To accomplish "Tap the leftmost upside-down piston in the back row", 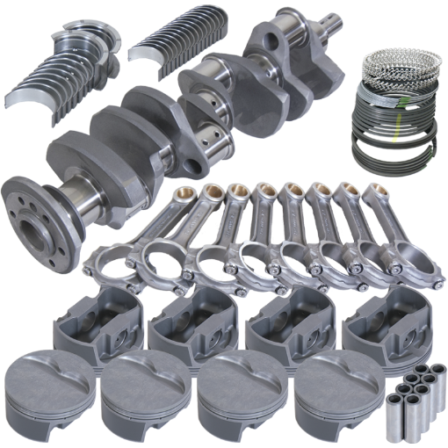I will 98,325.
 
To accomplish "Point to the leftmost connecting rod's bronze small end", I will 184,193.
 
